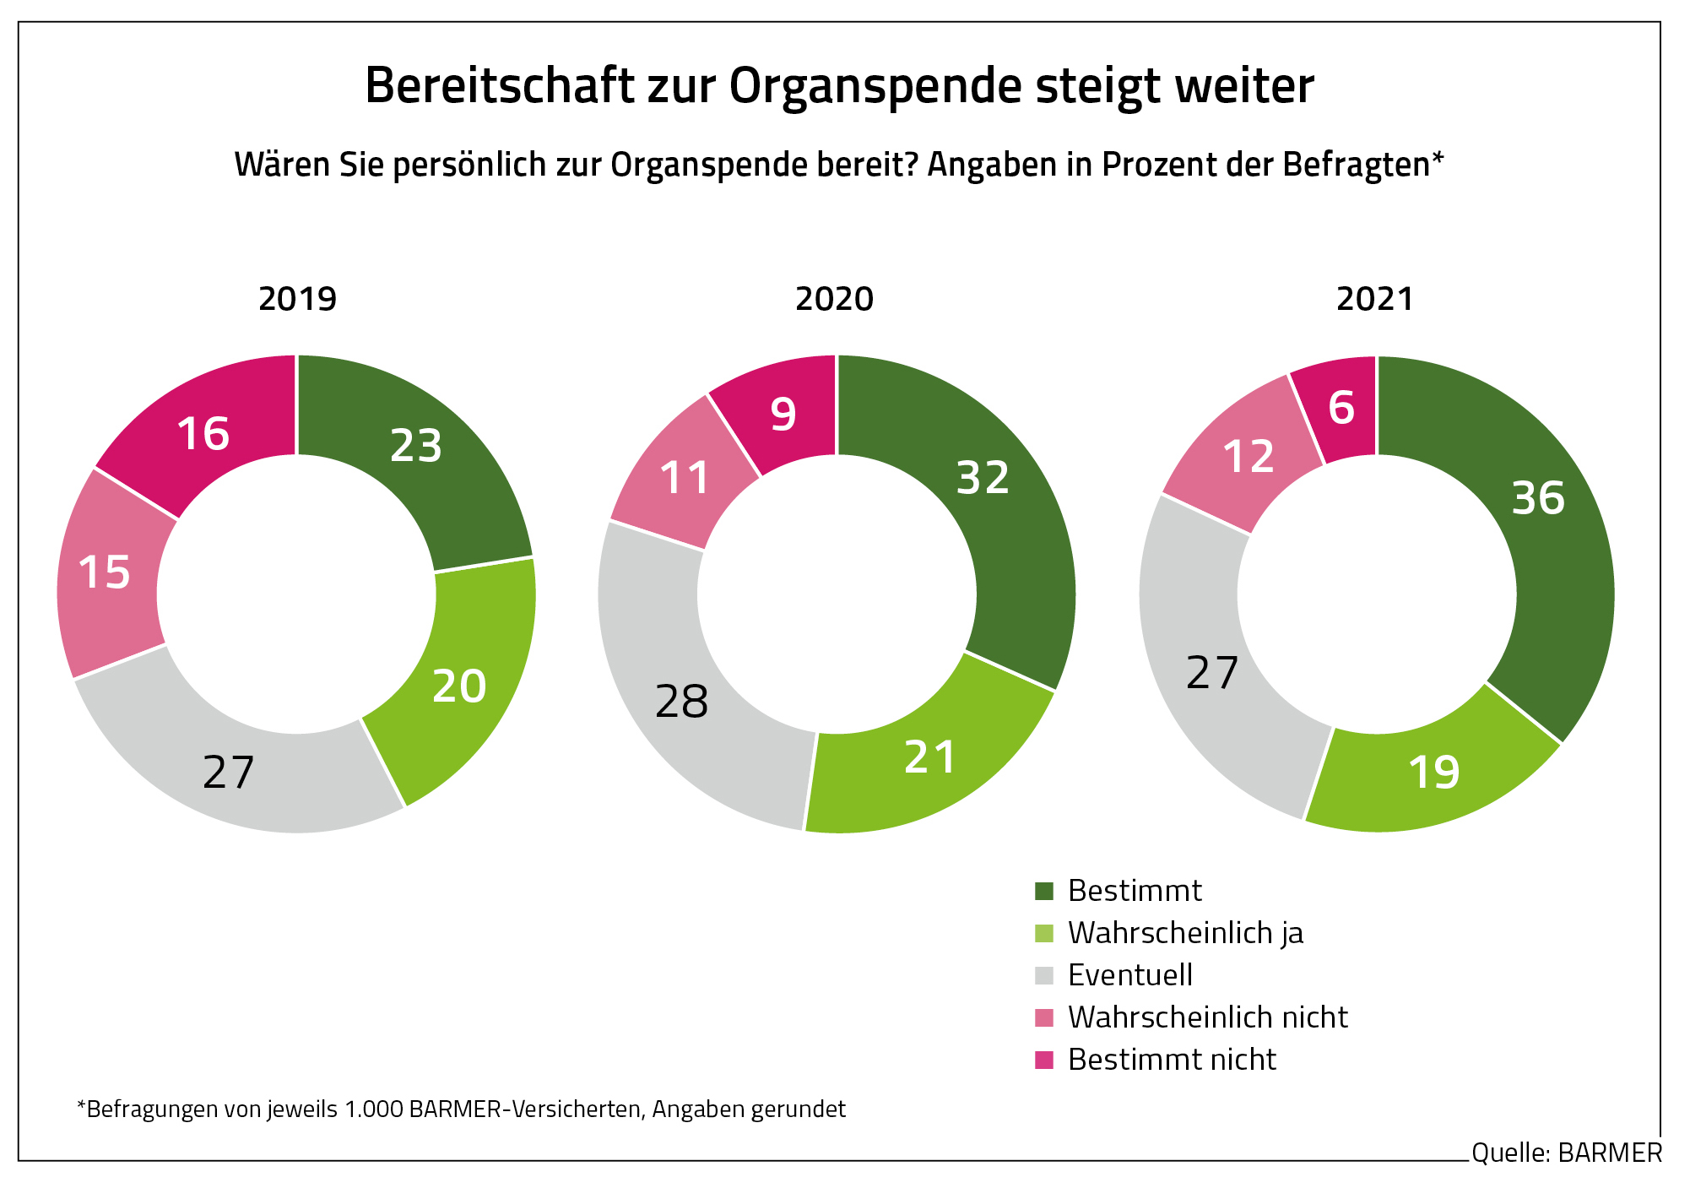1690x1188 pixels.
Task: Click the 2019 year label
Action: (297, 299)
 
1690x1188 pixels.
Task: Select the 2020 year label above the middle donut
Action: (834, 299)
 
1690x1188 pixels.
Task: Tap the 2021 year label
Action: (1374, 299)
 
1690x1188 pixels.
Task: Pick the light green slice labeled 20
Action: (459, 686)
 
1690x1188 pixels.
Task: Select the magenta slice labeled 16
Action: (203, 434)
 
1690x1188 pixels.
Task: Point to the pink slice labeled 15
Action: (105, 572)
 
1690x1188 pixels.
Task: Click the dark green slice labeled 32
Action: (983, 478)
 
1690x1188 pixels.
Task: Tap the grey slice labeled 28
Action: (682, 702)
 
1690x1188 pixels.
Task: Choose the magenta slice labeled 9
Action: (783, 415)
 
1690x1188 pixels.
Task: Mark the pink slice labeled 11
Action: (685, 479)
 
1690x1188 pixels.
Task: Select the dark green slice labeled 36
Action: (1538, 498)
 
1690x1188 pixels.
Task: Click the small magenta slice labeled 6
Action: (1341, 408)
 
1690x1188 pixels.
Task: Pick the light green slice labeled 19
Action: (1434, 773)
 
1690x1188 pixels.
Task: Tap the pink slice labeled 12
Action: (1249, 457)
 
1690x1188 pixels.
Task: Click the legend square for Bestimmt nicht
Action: (1044, 1060)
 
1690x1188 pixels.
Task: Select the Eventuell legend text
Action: (1129, 975)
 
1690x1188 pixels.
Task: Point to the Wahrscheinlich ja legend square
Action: (1044, 933)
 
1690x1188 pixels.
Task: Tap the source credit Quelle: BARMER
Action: (1566, 1153)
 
